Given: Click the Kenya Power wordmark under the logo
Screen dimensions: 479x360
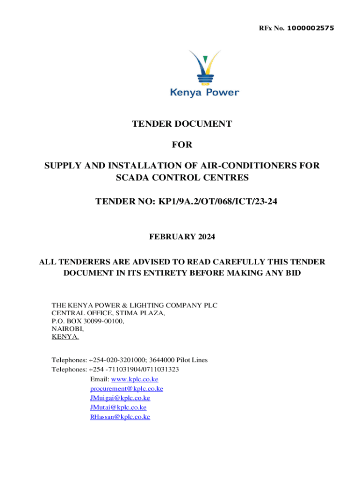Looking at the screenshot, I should coord(204,93).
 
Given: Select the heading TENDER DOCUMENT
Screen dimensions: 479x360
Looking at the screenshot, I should coord(182,124).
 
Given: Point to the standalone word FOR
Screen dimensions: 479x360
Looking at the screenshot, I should coord(182,145).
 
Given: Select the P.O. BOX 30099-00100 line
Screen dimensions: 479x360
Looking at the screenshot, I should coord(88,321).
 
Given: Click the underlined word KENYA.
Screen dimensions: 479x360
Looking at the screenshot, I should coord(65,337).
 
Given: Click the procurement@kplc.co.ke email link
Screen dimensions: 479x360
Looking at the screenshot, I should coord(126,389).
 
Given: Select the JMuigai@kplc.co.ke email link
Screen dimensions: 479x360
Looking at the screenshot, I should coord(120,398).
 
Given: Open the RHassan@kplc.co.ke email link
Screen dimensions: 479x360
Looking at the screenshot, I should coord(120,417).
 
